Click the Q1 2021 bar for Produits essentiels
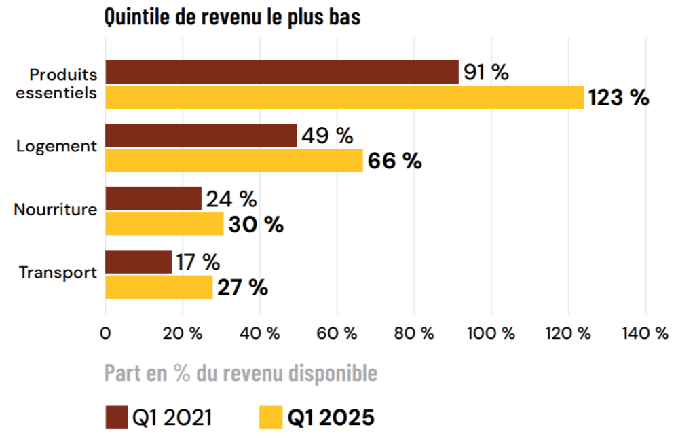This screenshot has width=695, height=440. click(x=282, y=72)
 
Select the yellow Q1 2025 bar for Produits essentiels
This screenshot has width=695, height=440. click(x=344, y=97)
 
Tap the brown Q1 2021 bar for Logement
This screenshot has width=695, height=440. click(x=201, y=135)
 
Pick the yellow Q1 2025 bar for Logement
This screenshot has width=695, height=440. click(x=234, y=160)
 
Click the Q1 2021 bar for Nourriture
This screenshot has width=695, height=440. click(x=153, y=198)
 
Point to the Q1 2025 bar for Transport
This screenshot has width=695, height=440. click(x=159, y=287)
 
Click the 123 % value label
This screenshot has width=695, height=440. click(x=618, y=98)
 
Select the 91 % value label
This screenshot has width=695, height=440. click(x=486, y=73)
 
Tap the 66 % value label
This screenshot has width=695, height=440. click(x=394, y=161)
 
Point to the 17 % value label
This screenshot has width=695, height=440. click(x=198, y=262)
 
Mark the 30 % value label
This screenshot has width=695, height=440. click(x=255, y=224)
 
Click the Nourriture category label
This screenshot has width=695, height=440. click(x=56, y=210)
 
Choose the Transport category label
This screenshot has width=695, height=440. click(x=58, y=273)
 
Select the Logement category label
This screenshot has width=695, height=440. click(x=57, y=146)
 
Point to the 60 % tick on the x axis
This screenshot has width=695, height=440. click(x=336, y=333)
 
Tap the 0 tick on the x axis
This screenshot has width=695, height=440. click(x=105, y=333)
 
